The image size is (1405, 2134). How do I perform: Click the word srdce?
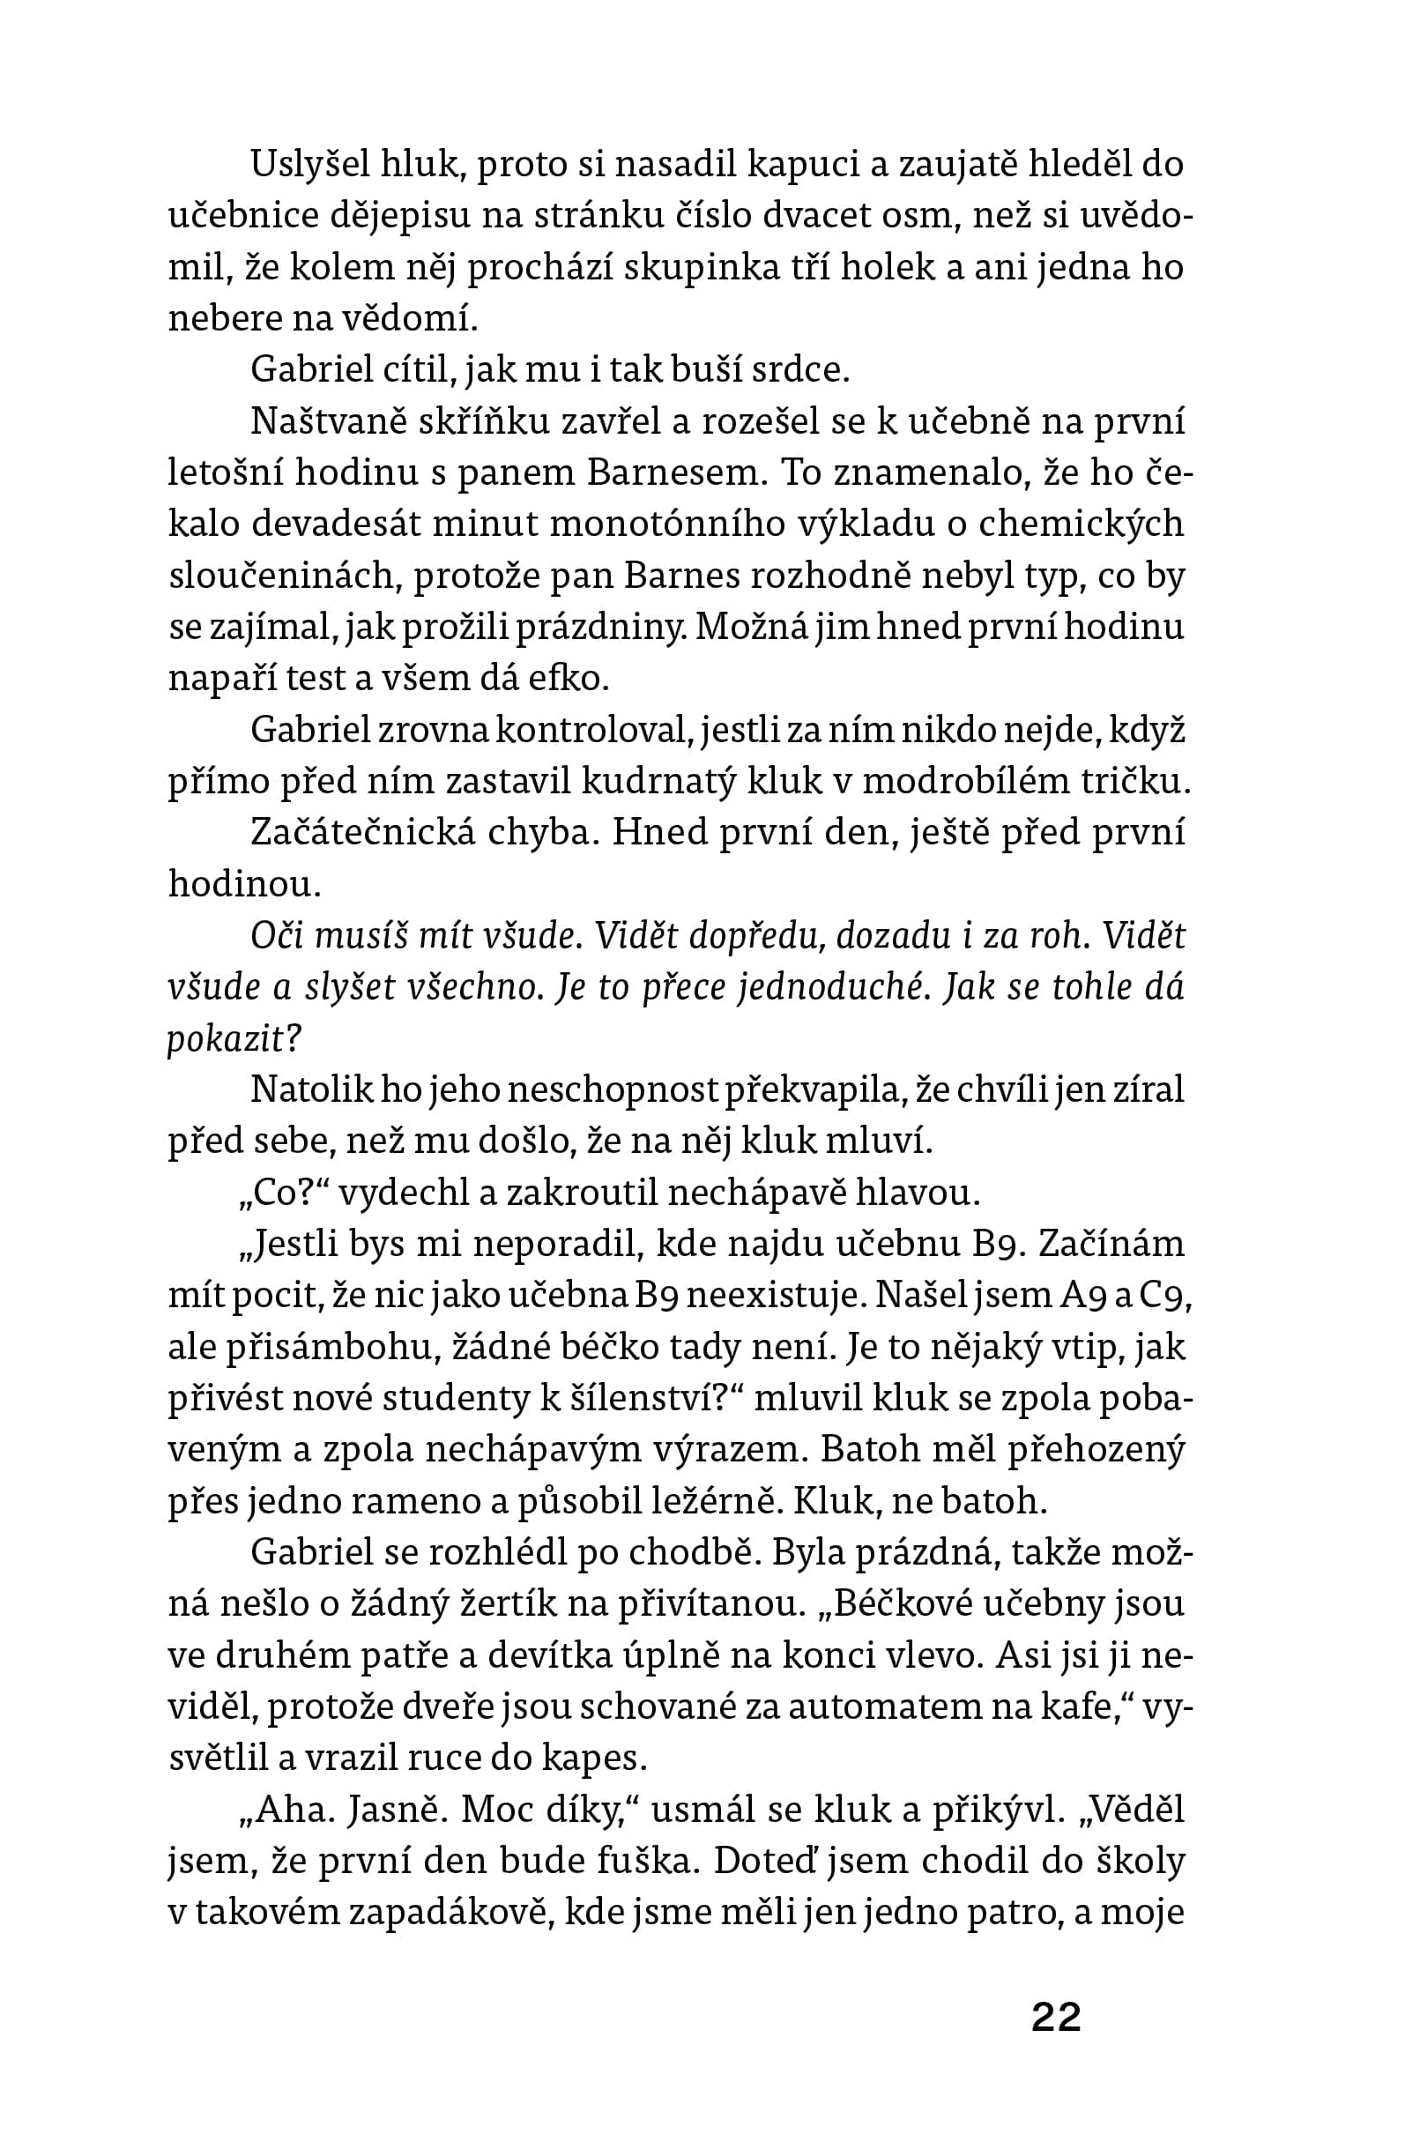pos(799,370)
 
